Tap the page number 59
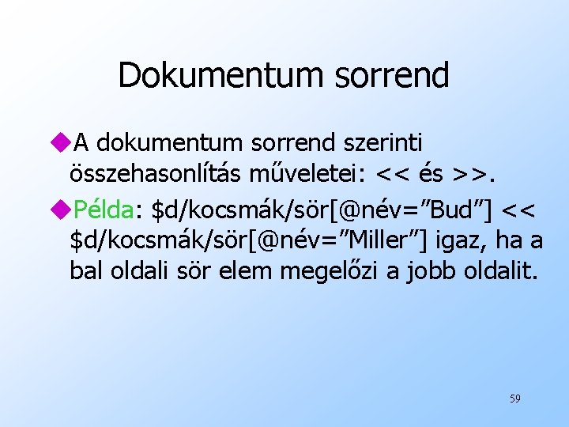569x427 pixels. [514, 399]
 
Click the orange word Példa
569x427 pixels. [104, 208]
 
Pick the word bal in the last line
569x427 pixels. [85, 271]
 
